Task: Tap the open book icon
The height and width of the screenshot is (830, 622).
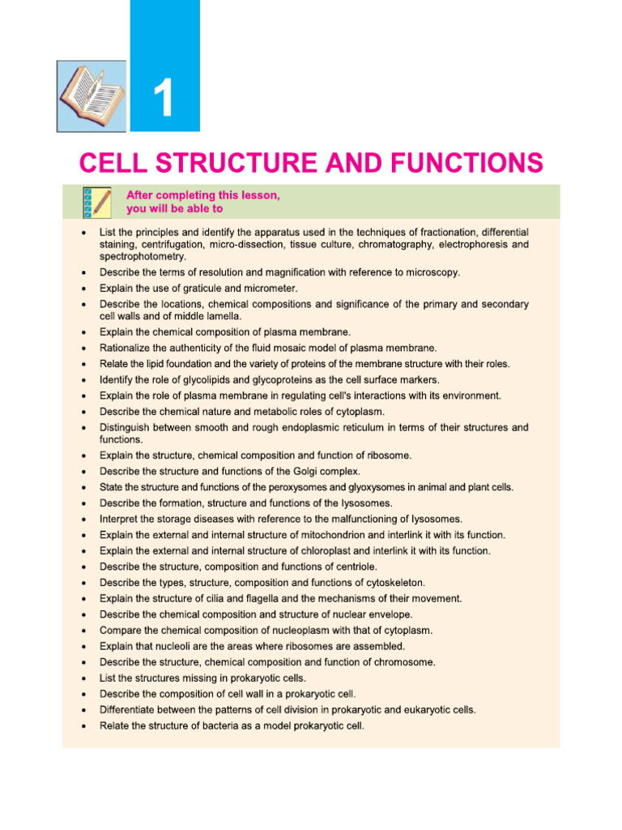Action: pyautogui.click(x=92, y=95)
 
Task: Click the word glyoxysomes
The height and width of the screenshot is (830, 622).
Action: pyautogui.click(x=361, y=487)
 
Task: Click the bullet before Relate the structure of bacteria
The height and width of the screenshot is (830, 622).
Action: pyautogui.click(x=83, y=726)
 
